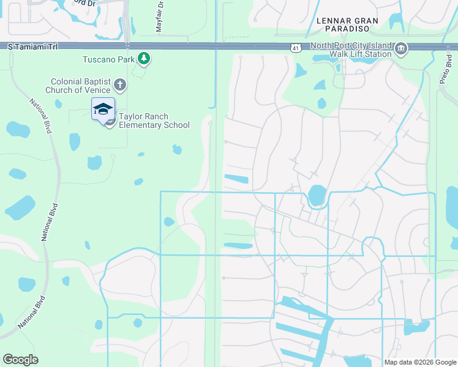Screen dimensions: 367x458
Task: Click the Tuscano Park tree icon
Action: click(144, 59)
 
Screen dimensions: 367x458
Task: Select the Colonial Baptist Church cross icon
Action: click(120, 85)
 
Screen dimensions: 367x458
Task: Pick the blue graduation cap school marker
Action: click(103, 109)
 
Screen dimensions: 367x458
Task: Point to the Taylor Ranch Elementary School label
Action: click(154, 120)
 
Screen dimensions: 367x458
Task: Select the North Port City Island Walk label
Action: click(350, 50)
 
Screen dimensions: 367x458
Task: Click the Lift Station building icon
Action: click(401, 49)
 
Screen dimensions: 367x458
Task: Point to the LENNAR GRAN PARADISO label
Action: click(347, 24)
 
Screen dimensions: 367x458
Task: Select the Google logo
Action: click(20, 360)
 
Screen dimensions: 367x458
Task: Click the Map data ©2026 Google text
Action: click(420, 362)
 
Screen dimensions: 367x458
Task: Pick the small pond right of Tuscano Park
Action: click(177, 149)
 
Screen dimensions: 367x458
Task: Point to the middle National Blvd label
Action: click(45, 221)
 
